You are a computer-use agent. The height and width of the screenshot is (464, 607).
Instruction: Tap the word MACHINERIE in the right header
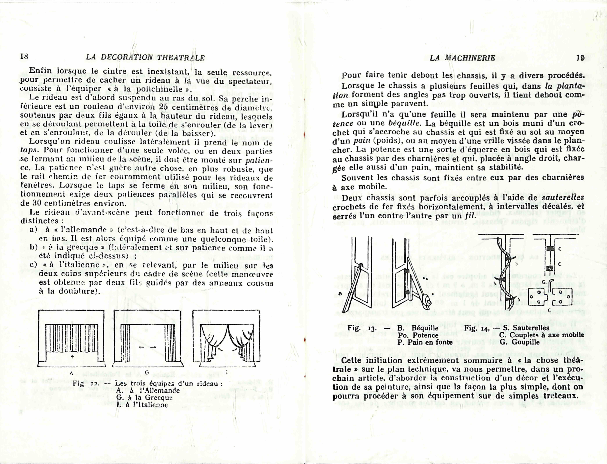(470, 58)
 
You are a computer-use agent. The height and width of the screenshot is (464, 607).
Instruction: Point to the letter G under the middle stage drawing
(147, 372)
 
